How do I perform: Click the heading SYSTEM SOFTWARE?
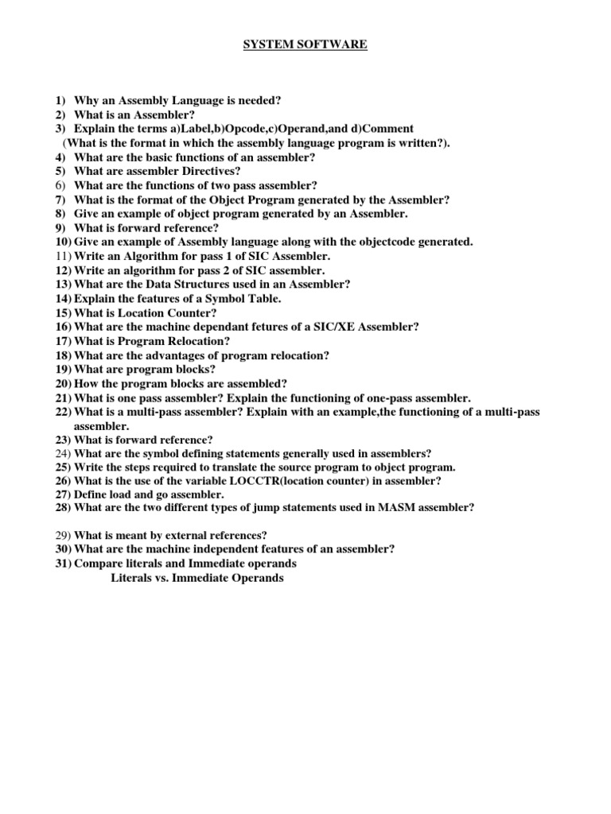click(x=305, y=45)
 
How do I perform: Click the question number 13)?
click(x=64, y=284)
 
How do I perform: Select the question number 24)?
click(x=64, y=454)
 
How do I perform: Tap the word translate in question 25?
click(x=234, y=468)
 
